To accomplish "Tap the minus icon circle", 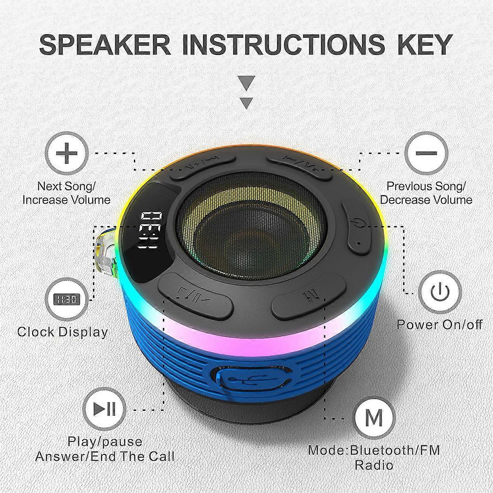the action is click(426, 153).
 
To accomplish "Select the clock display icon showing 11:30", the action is click(67, 299).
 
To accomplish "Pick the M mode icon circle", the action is click(374, 418).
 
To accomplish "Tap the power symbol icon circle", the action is click(440, 292).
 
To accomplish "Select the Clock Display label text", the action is click(62, 332).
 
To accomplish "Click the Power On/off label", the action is click(440, 325).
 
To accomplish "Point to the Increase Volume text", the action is click(66, 200).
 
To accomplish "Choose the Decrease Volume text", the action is click(426, 200).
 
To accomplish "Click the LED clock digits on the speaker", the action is click(150, 230).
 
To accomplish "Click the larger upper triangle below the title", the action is click(246, 83).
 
